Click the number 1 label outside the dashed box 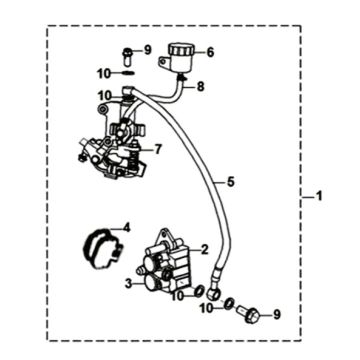point(320,194)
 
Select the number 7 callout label point(158,150)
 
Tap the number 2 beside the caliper point(204,250)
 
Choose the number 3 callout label point(128,284)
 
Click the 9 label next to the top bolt point(147,49)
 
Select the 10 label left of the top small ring point(103,72)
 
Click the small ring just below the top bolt point(127,72)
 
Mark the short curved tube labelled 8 point(180,88)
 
